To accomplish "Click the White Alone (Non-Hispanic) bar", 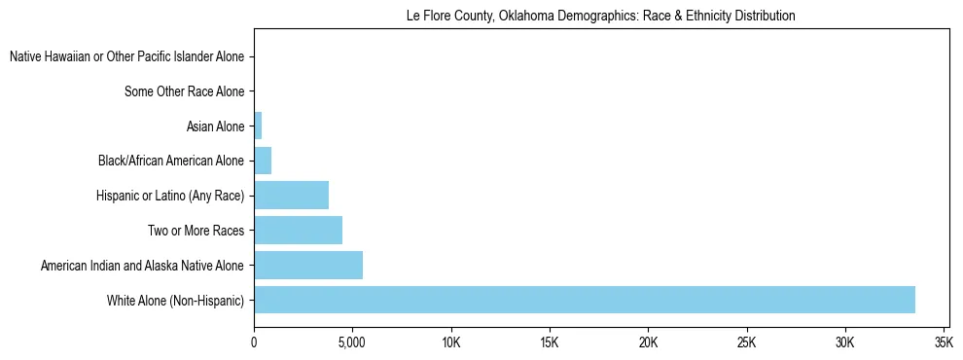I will click(x=584, y=300).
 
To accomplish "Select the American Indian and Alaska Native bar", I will click(x=307, y=265).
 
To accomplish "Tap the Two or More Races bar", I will click(x=298, y=231).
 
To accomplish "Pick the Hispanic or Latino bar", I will click(x=291, y=196).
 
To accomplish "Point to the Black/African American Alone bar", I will click(x=263, y=161).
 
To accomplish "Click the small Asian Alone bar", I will click(x=258, y=126).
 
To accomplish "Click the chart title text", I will click(x=600, y=16).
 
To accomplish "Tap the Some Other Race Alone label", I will click(x=185, y=91).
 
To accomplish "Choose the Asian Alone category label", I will click(x=215, y=126).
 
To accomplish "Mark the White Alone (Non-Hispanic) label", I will click(x=176, y=300).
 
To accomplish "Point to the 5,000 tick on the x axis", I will click(x=352, y=342).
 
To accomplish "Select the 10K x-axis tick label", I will click(x=450, y=342).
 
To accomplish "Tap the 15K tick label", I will click(x=550, y=342).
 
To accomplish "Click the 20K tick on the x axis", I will click(x=648, y=342).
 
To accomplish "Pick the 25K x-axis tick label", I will click(x=746, y=342).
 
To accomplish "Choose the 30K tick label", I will click(x=844, y=342).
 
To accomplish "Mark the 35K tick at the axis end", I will click(x=943, y=342).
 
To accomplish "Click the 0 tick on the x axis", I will click(x=254, y=342).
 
